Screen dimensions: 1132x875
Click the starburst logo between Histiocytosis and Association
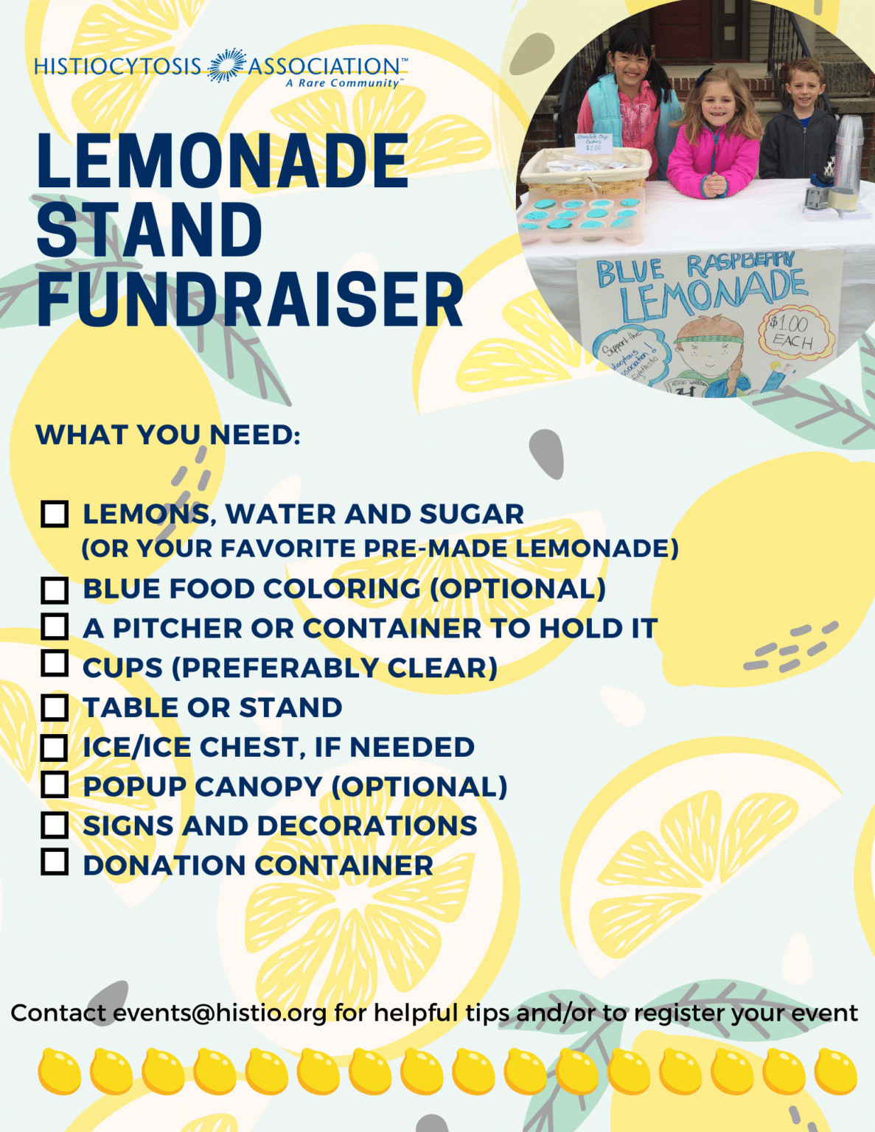click(x=226, y=66)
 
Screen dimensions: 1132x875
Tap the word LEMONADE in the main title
click(x=223, y=161)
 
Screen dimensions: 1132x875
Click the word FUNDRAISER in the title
click(x=250, y=300)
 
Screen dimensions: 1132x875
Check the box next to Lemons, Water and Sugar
click(x=55, y=514)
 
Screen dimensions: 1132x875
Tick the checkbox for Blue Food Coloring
click(x=55, y=590)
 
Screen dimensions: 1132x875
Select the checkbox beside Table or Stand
click(x=55, y=707)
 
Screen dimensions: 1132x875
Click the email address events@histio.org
click(x=220, y=1013)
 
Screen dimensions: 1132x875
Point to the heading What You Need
click(x=168, y=435)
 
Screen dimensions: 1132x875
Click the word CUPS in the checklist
click(x=122, y=668)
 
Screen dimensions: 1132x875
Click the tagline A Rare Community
click(x=343, y=83)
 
